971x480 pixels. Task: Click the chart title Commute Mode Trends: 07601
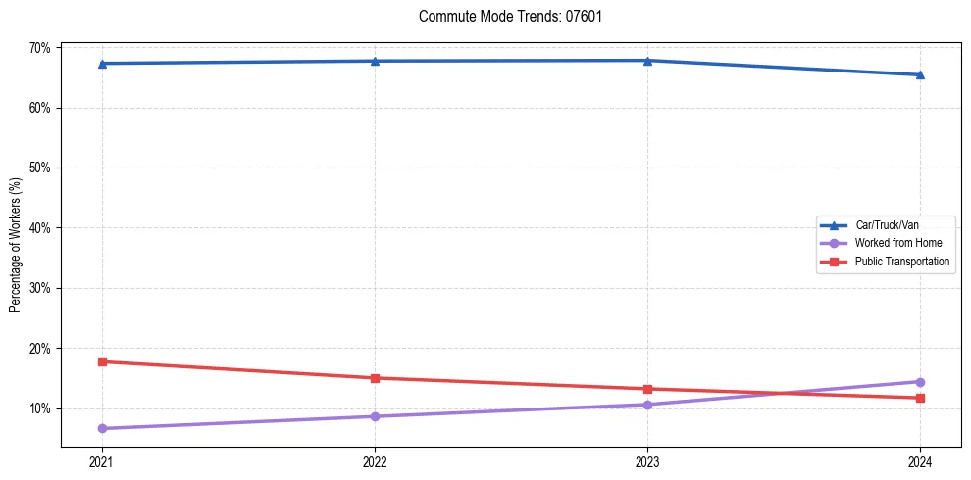510,17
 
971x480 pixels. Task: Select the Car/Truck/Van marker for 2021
102,64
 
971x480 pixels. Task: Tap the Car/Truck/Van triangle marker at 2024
920,74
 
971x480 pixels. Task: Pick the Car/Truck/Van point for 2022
375,61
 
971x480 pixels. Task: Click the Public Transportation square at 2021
102,361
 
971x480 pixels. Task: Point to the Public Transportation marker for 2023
647,389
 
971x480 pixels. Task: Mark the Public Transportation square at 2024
920,398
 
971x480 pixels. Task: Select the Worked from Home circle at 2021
102,428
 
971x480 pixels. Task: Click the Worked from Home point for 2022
375,416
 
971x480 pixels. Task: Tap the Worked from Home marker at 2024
920,382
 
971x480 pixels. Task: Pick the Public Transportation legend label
901,262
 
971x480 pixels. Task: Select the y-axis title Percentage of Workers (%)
15,246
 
